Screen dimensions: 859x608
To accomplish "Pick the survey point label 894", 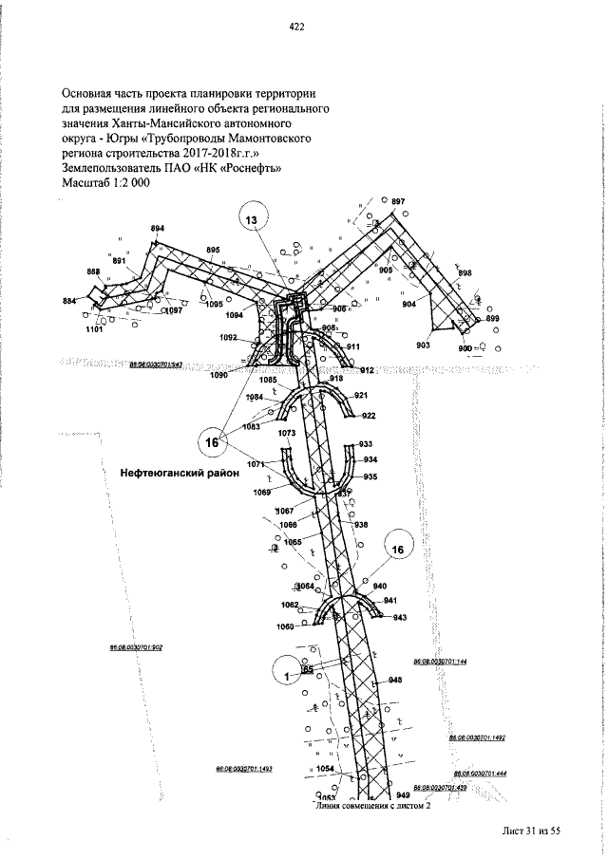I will [158, 229].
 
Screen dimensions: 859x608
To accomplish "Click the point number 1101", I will [94, 329].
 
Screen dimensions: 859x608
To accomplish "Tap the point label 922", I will [369, 416].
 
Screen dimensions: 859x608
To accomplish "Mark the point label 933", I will [366, 444].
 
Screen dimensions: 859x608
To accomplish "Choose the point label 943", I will [400, 618].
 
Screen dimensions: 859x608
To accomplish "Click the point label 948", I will [395, 680].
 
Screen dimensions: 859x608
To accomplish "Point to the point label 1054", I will [325, 768].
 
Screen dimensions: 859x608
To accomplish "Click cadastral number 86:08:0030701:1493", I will [244, 769].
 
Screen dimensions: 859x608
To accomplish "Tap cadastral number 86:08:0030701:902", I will [137, 647].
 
